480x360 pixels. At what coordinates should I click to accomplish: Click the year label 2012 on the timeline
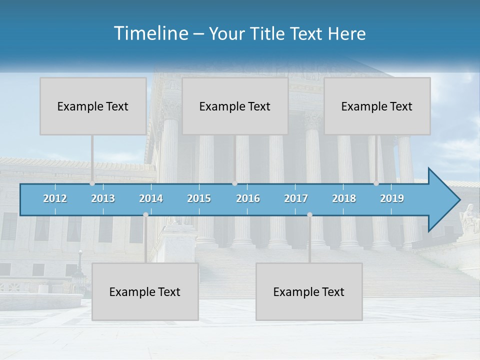point(55,198)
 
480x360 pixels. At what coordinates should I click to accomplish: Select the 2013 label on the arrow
point(103,198)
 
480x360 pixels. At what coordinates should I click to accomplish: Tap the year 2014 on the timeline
point(151,198)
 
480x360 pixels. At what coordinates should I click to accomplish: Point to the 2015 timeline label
point(199,198)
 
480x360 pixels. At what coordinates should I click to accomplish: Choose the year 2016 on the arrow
point(248,198)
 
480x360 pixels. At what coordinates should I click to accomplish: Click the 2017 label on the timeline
point(296,198)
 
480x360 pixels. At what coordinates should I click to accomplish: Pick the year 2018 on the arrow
point(344,198)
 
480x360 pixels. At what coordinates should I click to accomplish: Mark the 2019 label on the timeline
point(392,198)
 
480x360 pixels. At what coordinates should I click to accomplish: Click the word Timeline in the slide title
point(150,33)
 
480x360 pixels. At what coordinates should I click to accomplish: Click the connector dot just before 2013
point(92,183)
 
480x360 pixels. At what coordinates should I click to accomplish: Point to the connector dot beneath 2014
point(145,214)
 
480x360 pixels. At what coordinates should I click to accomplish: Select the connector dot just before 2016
point(234,183)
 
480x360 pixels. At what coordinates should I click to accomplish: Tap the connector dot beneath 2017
point(309,214)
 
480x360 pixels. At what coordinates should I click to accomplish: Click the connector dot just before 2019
point(376,183)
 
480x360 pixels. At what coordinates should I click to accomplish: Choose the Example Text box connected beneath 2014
point(145,292)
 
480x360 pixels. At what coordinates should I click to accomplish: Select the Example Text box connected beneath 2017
point(309,292)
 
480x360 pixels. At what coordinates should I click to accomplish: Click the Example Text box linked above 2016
point(235,106)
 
